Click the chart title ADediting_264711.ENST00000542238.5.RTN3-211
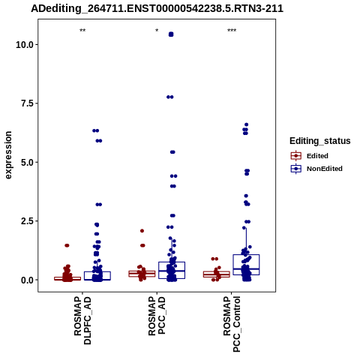pyautogui.click(x=157, y=8)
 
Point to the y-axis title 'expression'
pyautogui.click(x=8, y=155)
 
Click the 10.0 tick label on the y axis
pyautogui.click(x=25, y=45)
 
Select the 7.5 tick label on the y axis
pyautogui.click(x=27, y=103)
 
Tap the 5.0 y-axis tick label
pyautogui.click(x=27, y=163)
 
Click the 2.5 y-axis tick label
pyautogui.click(x=27, y=221)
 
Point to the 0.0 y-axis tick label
pyautogui.click(x=27, y=280)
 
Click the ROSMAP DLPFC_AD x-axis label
pyautogui.click(x=82, y=320)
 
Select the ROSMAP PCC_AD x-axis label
pyautogui.click(x=157, y=316)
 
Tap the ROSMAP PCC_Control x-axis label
pyautogui.click(x=232, y=324)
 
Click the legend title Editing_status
pyautogui.click(x=320, y=141)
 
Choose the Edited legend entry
pyautogui.click(x=310, y=156)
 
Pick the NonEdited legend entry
pyautogui.click(x=316, y=169)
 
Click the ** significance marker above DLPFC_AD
pyautogui.click(x=82, y=31)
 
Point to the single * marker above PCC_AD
pyautogui.click(x=157, y=31)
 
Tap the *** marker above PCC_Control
pyautogui.click(x=232, y=31)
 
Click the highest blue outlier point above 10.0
pyautogui.click(x=171, y=34)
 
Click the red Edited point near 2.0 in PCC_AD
pyautogui.click(x=142, y=231)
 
